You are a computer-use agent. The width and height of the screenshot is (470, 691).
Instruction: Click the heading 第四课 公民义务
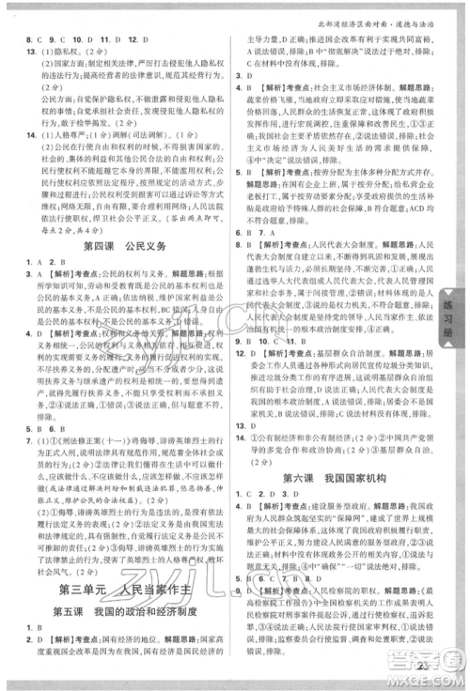click(125, 248)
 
